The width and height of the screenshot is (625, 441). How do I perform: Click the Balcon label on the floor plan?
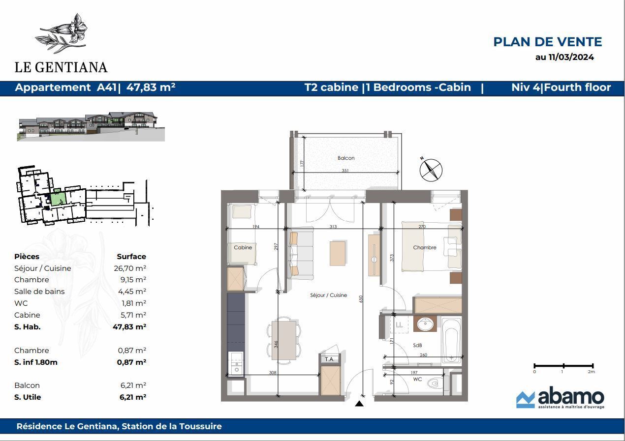coord(346,158)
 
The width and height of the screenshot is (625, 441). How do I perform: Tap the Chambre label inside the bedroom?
coord(425,247)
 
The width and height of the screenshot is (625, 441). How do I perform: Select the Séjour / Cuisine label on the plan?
coord(328,295)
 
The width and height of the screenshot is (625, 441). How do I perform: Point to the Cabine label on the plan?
coord(243,247)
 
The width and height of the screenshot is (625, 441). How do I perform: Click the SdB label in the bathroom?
coord(417,345)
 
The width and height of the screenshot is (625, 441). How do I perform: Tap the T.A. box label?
coord(330,359)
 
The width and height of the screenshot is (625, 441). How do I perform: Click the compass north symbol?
coord(431,170)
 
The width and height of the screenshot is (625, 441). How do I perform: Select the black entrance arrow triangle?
coord(359,403)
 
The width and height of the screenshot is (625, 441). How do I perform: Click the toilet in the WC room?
coord(433,384)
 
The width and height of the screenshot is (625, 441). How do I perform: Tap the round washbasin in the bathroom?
coord(425,324)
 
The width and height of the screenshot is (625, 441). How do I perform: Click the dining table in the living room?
coord(284,340)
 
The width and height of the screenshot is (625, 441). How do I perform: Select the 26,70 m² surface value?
coord(130,268)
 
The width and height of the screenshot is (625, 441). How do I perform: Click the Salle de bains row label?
coord(39,292)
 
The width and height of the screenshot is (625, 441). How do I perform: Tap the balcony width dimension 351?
coord(345,170)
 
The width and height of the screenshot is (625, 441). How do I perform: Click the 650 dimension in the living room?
coord(361,299)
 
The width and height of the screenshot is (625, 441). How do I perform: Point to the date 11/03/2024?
coord(571,57)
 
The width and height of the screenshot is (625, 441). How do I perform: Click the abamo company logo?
coord(560,398)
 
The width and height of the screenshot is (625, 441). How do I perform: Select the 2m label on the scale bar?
coord(591,372)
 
